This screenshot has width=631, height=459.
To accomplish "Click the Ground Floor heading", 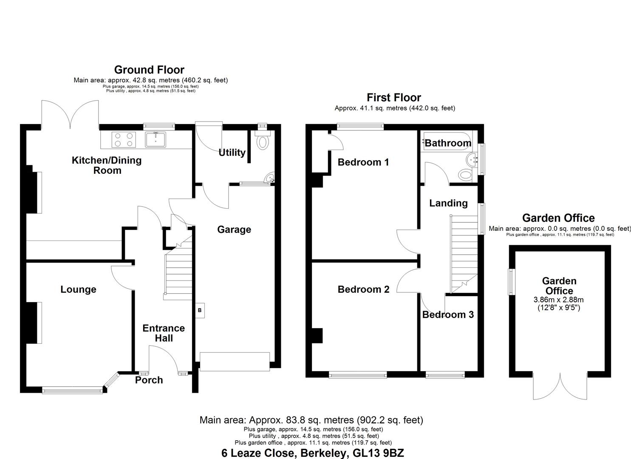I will click(149, 70).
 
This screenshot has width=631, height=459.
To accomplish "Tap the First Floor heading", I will click(394, 98).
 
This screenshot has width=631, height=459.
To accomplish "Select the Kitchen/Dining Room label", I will click(107, 165).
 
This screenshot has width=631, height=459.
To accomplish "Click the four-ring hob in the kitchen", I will click(123, 139).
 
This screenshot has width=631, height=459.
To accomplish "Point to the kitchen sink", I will click(156, 139).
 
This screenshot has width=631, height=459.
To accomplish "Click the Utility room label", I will click(232, 153).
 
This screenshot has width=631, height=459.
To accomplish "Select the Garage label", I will click(234, 229).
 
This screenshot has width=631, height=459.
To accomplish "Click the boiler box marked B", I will click(199, 310).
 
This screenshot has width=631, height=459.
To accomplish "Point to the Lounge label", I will click(78, 289).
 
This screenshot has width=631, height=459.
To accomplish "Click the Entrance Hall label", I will click(164, 333).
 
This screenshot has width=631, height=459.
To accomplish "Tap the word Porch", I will click(149, 380).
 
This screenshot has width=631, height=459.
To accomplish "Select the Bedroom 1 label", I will click(363, 162).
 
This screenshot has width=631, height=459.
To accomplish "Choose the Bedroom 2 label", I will click(363, 289).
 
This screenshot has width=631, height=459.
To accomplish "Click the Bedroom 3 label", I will click(448, 314).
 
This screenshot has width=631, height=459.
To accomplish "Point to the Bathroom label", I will click(448, 143).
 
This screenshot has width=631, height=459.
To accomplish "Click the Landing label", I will click(448, 203).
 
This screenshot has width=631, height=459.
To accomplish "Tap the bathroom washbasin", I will click(472, 160).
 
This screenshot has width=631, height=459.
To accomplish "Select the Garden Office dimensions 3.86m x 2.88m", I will click(559, 300).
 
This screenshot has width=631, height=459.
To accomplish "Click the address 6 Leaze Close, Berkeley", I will click(312, 453).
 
